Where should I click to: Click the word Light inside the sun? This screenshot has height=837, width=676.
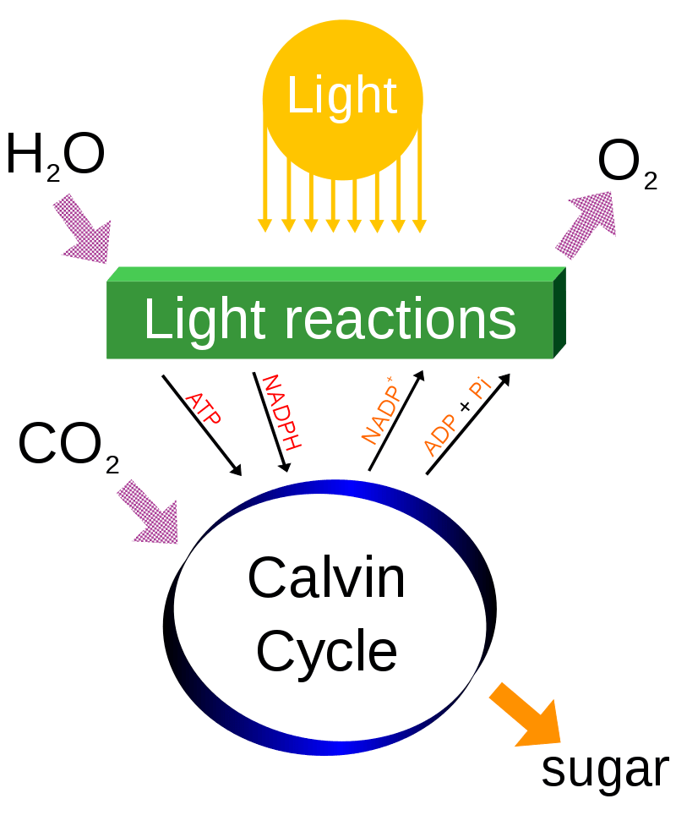coord(341,96)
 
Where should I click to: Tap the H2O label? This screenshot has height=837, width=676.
coord(55,157)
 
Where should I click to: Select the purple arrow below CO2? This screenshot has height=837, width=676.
coord(149,511)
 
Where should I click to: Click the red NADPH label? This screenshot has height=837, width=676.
coord(282,411)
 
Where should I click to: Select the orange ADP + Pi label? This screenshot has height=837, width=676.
coord(456,418)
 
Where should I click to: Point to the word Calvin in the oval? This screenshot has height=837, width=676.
coord(326,578)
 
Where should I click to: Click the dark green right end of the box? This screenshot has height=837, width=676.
coord(559,314)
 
